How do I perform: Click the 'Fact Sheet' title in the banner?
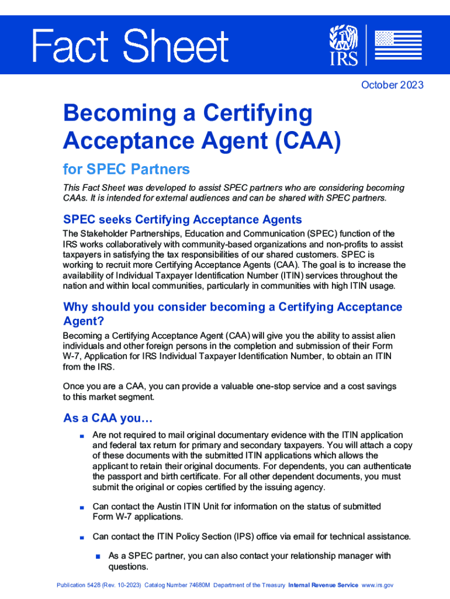click(x=130, y=46)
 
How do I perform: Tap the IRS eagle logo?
click(x=342, y=44)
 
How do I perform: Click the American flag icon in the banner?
click(x=397, y=45)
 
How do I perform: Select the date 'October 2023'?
click(x=392, y=85)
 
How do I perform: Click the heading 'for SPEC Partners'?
click(x=126, y=170)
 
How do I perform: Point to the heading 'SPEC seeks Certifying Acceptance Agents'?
click(x=182, y=220)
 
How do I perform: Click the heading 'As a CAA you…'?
click(x=108, y=418)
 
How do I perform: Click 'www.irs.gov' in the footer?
click(x=378, y=585)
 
